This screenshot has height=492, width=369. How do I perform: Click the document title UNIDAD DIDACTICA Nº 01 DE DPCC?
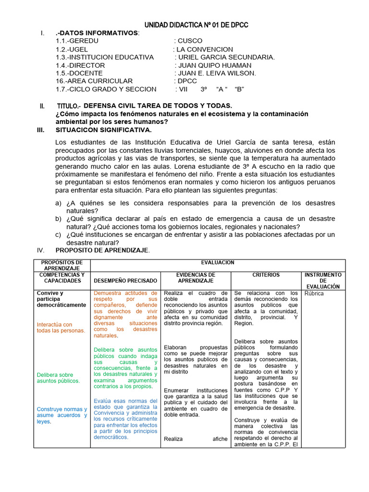pos(197,25)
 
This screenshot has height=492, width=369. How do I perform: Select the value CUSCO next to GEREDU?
pos(190,41)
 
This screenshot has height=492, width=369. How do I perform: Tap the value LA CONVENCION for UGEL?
pos(205,49)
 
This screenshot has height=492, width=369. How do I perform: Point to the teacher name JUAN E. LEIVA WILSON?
pos(217,73)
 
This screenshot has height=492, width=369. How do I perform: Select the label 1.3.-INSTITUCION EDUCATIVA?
pos(105,57)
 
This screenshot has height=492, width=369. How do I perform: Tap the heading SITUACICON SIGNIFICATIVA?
pos(103,130)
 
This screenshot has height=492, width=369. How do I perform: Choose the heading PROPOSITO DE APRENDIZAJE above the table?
pos(102,250)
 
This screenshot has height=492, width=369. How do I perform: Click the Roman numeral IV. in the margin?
pos(41,250)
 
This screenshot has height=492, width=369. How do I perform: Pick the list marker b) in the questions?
pos(58,219)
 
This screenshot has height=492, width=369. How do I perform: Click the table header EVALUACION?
pos(218,262)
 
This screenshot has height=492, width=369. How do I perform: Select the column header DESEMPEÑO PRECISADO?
pos(125,280)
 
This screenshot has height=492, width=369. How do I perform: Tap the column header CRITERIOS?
pos(266,275)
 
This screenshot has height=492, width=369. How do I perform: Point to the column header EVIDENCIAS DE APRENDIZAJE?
pos(196,277)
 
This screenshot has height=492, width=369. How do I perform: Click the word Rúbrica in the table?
pos(314,293)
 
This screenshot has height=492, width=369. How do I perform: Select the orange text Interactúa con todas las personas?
pos(61,327)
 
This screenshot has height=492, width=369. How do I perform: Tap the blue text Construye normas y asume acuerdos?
pos(62,415)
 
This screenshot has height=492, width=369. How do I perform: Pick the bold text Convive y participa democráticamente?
pos(61,299)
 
